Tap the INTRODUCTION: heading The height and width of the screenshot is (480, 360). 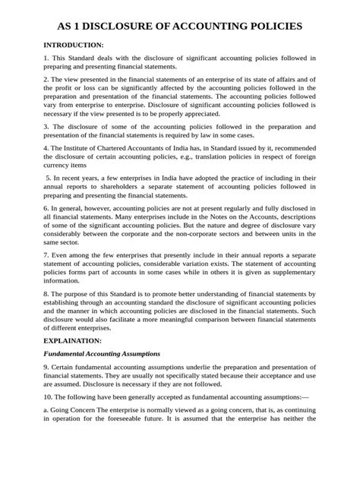pos(74,46)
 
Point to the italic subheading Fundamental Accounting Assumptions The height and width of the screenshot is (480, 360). pos(101,354)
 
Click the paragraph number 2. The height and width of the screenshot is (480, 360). pos(46,79)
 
